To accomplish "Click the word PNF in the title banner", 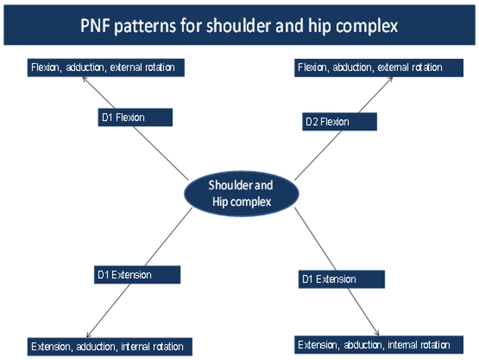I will point(96,26).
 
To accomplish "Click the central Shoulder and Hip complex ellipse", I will point(240,194).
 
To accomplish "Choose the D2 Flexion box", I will point(338,121).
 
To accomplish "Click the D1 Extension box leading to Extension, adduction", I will point(136,274).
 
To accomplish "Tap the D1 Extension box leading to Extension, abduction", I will point(341,279).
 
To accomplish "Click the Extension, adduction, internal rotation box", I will point(110,347).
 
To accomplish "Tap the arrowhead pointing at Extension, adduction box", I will point(87,335).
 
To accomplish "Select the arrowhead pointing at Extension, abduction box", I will point(378,333).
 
